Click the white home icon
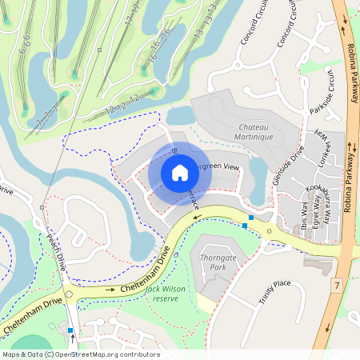click(179, 173)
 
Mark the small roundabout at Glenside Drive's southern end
click(270, 231)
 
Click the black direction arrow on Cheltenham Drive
click(111, 290)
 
